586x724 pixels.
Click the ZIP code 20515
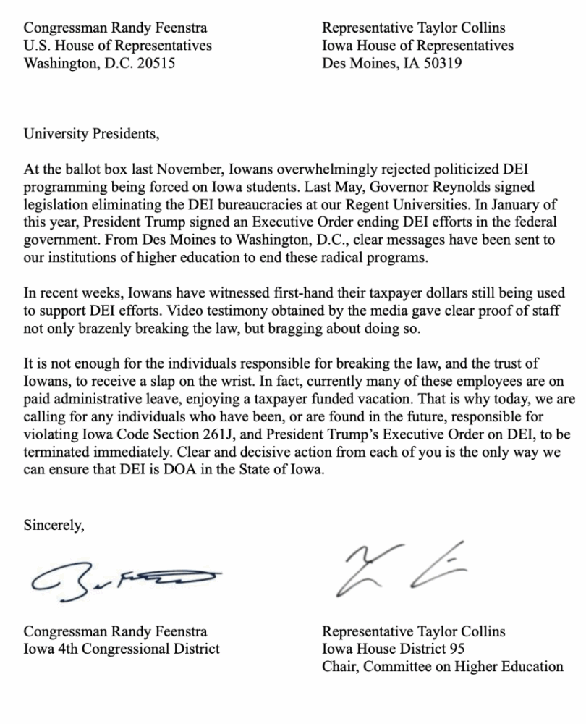155,63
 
